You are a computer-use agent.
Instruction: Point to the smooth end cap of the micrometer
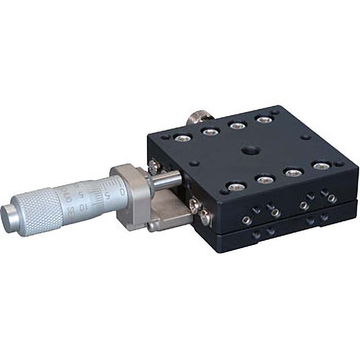[x=10, y=211]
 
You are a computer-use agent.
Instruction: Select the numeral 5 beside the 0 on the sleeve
[x=107, y=195]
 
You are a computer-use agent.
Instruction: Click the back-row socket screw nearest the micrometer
[x=182, y=137]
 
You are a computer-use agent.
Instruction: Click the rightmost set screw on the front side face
[x=332, y=198]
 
